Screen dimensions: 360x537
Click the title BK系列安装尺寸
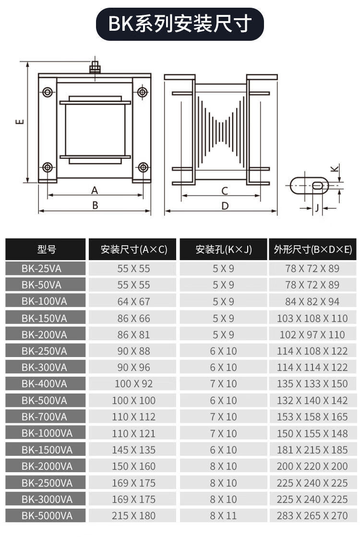(180, 24)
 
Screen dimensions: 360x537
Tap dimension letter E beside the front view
(20, 121)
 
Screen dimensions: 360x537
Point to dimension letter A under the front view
(95, 190)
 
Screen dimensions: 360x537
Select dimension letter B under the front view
(95, 205)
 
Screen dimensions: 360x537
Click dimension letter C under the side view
(225, 191)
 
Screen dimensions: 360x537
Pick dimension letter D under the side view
(225, 206)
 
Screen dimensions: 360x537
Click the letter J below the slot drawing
(317, 208)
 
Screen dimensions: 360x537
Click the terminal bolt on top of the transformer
(95, 67)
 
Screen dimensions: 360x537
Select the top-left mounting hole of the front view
(48, 92)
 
